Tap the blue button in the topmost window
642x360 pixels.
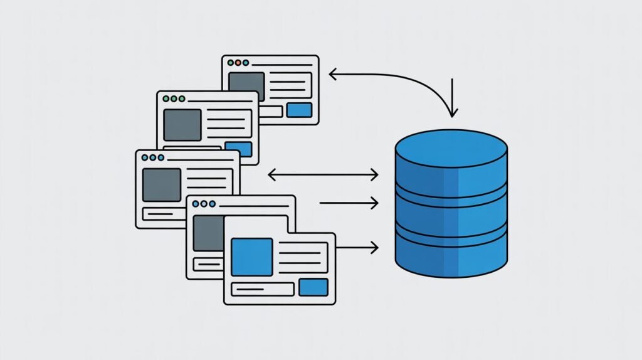click(299, 110)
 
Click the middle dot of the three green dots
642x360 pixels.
click(174, 99)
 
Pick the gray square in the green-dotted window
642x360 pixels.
click(182, 124)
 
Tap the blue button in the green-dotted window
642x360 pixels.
click(242, 149)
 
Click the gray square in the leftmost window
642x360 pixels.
click(162, 184)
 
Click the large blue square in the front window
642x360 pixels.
click(252, 257)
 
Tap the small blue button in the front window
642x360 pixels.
click(313, 287)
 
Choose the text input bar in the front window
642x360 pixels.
click(263, 289)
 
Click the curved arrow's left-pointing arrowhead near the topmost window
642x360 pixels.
click(333, 75)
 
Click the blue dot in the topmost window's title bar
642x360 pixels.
click(246, 63)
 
